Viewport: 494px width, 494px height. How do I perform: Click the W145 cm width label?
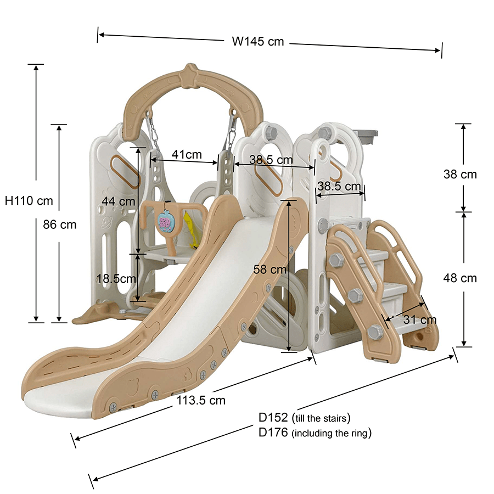258,41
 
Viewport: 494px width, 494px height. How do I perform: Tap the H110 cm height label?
29,201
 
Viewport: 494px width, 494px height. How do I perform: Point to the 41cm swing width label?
186,155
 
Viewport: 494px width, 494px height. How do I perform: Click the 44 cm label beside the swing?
117,201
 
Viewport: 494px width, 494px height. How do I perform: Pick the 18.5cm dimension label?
116,278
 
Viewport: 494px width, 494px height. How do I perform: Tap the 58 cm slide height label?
271,270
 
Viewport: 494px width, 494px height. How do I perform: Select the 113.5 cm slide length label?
201,400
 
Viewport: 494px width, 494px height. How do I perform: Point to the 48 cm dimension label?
460,278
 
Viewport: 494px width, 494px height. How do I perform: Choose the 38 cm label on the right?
460,175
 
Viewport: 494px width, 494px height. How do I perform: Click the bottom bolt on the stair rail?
375,332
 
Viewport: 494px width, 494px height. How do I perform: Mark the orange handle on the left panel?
122,171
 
